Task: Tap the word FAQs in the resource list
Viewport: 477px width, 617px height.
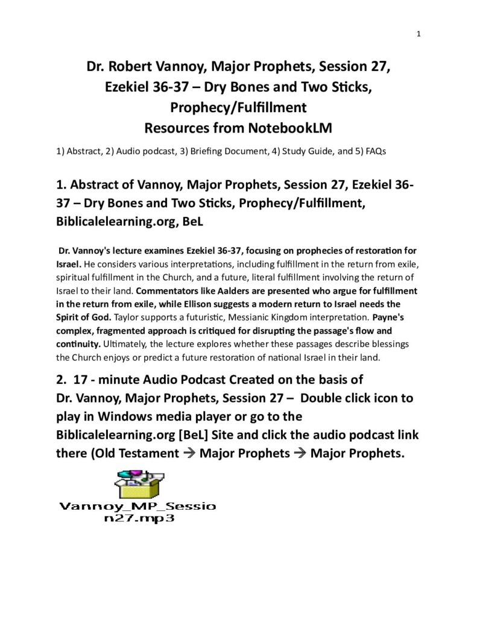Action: tap(373, 151)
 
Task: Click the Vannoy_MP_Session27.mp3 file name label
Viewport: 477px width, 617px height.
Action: tap(137, 512)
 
